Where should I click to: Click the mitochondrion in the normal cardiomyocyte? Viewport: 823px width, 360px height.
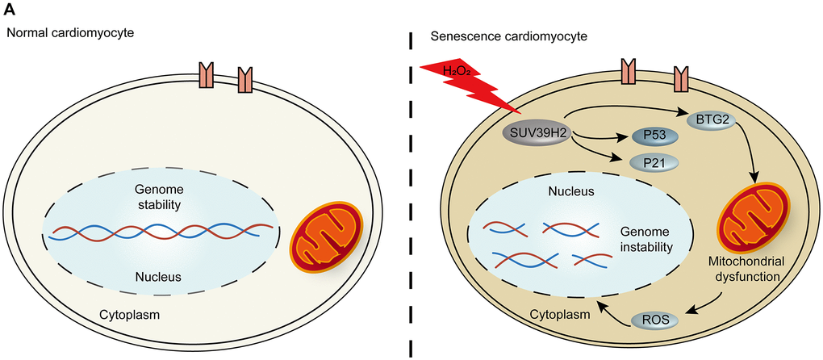click(x=321, y=242)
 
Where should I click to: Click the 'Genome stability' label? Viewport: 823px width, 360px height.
click(x=159, y=197)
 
